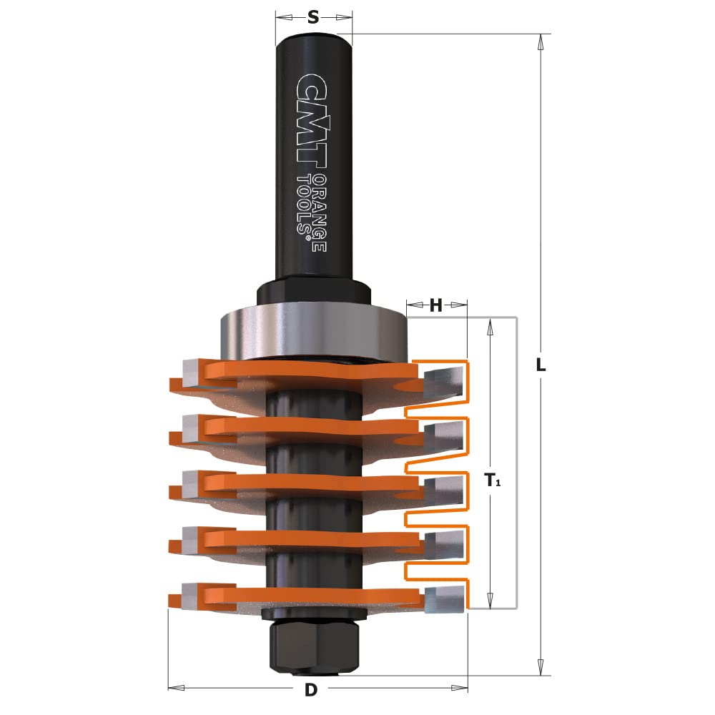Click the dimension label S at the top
(312, 18)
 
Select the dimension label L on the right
(541, 365)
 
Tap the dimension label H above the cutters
(436, 307)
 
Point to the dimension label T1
(493, 480)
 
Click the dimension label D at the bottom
(310, 690)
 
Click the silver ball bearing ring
(312, 329)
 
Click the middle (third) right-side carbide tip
(443, 492)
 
